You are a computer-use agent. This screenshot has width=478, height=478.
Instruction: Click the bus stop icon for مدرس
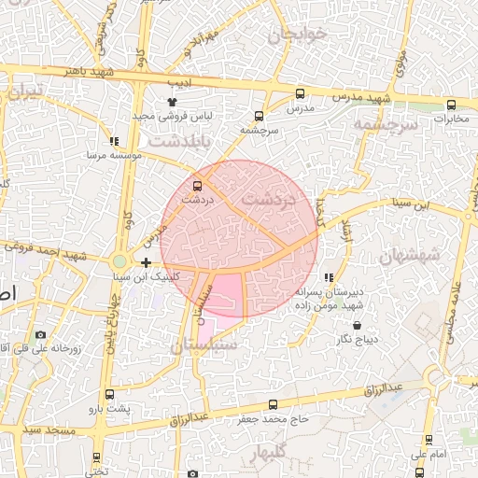click(x=300, y=93)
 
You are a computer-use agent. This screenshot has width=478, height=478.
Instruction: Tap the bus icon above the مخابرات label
click(x=451, y=105)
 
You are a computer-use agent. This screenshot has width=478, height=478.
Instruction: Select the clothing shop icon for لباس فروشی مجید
click(x=172, y=101)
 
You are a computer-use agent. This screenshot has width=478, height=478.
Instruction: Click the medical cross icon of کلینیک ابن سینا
click(x=146, y=262)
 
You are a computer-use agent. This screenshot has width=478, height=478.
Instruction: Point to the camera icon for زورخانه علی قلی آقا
click(x=40, y=334)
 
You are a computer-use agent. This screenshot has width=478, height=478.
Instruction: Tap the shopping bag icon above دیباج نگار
click(x=358, y=326)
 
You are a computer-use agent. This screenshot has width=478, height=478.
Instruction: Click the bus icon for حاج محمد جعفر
click(x=273, y=404)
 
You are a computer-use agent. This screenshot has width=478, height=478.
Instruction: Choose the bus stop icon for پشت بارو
click(x=111, y=394)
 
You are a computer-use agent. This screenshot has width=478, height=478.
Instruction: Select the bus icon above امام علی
click(x=429, y=439)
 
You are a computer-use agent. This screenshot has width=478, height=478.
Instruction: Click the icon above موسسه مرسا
click(x=114, y=142)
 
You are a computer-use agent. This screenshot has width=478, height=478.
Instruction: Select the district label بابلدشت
click(x=180, y=139)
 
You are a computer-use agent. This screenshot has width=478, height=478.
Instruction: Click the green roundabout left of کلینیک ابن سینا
click(x=119, y=262)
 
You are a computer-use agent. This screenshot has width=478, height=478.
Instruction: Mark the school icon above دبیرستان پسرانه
click(x=328, y=277)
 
